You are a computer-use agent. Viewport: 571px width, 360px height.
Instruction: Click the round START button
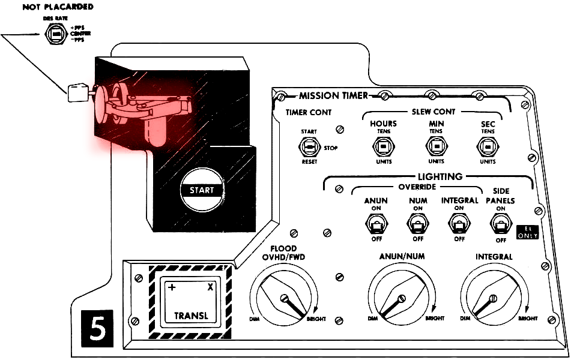[x=202, y=190]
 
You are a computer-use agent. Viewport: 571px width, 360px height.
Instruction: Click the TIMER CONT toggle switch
[x=310, y=147]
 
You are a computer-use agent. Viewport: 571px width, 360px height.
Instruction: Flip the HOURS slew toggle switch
[x=383, y=146]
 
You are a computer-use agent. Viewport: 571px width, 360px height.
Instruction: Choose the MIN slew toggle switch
[x=435, y=146]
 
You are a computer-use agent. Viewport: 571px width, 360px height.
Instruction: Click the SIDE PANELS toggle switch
[x=500, y=225]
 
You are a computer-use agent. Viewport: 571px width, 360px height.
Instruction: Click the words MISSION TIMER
[x=333, y=95]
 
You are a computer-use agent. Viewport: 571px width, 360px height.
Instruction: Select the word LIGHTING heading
[x=441, y=176]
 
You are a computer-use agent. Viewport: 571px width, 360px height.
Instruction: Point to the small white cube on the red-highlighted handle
[x=77, y=92]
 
